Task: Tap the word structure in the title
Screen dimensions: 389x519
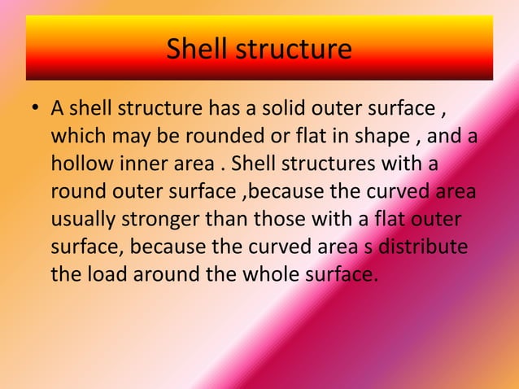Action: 294,50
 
